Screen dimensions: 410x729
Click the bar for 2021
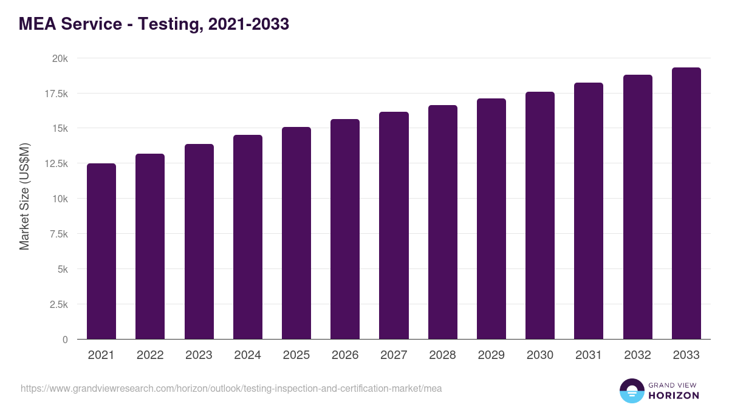coord(101,251)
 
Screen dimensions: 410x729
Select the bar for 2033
coord(686,203)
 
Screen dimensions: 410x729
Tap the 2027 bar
coord(394,225)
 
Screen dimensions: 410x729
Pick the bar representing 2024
coord(248,237)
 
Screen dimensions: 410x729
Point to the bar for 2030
coord(540,216)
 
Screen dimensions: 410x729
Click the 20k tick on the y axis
coord(60,58)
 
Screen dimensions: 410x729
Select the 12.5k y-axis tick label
coord(56,164)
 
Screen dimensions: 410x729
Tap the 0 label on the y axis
coord(64,340)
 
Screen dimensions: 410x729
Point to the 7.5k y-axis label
coord(58,234)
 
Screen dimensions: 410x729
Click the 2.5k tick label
coord(58,304)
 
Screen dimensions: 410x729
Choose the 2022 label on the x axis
coord(150,355)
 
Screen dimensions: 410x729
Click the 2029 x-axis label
coord(491,355)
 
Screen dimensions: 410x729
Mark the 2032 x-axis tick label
coord(637,355)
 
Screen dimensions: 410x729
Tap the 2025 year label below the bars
coord(296,355)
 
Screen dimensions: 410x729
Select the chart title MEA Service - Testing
coord(154,24)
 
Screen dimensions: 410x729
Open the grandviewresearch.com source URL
coord(231,388)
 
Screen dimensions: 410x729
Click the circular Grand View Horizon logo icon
coord(631,391)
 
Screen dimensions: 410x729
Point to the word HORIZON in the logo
coord(674,395)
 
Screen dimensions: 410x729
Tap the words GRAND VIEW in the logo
coord(673,384)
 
